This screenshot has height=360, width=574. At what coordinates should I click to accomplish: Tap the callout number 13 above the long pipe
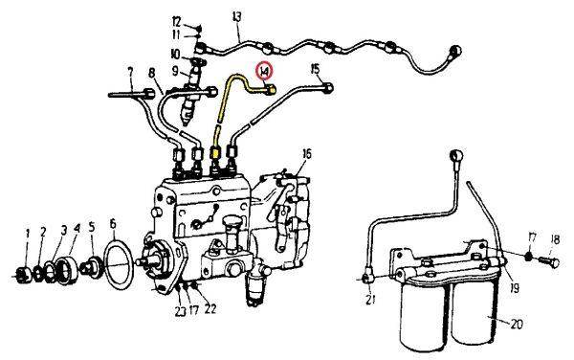click(x=237, y=17)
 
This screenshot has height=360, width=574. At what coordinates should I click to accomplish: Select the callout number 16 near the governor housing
click(x=307, y=154)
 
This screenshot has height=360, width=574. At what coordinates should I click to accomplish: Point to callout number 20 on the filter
click(x=517, y=325)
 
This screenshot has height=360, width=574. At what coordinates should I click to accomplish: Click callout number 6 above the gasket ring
click(x=112, y=223)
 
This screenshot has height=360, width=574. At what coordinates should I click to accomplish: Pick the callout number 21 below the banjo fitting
click(x=370, y=300)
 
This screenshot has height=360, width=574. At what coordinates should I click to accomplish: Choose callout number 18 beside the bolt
click(x=555, y=240)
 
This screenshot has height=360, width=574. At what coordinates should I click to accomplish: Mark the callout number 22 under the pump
click(x=210, y=309)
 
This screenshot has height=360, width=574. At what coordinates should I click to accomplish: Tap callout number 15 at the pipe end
click(x=315, y=69)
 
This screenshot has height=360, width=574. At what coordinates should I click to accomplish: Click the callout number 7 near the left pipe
click(x=129, y=72)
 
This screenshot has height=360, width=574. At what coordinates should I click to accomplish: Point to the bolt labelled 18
click(x=549, y=261)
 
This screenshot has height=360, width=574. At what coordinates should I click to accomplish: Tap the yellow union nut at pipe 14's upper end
click(x=270, y=89)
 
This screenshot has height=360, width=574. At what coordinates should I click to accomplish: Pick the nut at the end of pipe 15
click(x=327, y=88)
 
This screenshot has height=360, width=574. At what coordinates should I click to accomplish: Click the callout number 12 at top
click(x=176, y=22)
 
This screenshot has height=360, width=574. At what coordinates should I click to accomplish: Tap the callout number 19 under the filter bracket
click(x=515, y=288)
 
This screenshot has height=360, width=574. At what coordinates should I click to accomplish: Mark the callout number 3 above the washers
click(x=64, y=231)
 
